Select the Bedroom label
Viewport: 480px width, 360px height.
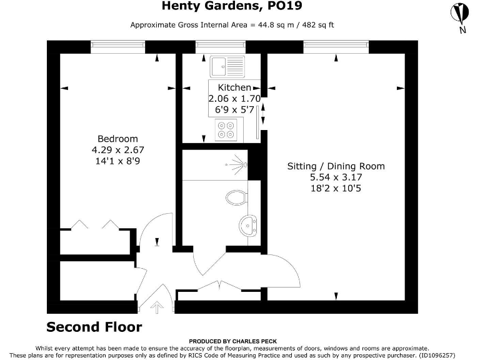tap(117, 139)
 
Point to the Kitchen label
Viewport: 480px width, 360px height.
tap(234, 88)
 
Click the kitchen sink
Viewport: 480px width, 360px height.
tap(227, 65)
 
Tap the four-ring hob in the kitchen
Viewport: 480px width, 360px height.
tap(226, 129)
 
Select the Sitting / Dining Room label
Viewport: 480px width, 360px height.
tap(336, 166)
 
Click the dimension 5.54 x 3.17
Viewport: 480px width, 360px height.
tap(336, 177)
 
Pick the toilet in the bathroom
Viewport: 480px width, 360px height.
tap(236, 197)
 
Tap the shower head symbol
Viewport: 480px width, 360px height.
tap(234, 165)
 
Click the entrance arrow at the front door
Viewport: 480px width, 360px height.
tap(156, 307)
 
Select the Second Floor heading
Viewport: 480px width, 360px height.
tap(94, 327)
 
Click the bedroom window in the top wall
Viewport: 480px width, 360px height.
tap(117, 45)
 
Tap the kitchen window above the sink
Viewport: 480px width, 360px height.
tap(219, 45)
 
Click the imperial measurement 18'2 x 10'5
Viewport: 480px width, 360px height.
tap(336, 188)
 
